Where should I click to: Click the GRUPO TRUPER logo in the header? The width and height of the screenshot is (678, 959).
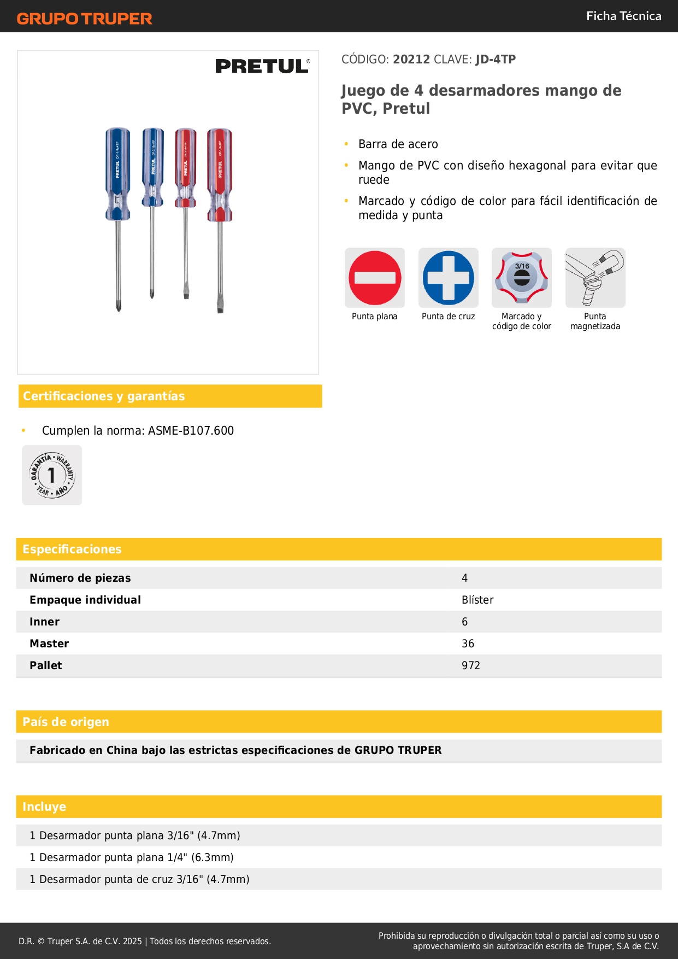pyautogui.click(x=84, y=19)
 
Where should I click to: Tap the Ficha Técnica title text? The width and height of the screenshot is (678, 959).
pyautogui.click(x=623, y=16)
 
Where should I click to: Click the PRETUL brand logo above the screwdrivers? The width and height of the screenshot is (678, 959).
pyautogui.click(x=262, y=66)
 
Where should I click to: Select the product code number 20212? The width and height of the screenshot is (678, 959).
pyautogui.click(x=411, y=59)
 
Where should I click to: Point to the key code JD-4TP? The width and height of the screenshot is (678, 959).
pyautogui.click(x=496, y=59)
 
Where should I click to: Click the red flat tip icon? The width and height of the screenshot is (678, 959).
pyautogui.click(x=375, y=278)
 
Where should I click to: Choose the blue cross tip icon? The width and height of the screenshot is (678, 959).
pyautogui.click(x=448, y=278)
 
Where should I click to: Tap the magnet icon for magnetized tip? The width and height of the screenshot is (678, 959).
pyautogui.click(x=595, y=278)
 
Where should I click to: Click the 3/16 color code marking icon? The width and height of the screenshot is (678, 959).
pyautogui.click(x=522, y=278)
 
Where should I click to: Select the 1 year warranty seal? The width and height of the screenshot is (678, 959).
pyautogui.click(x=52, y=475)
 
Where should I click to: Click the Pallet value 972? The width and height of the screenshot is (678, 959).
pyautogui.click(x=470, y=665)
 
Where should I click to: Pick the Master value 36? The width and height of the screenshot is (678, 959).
pyautogui.click(x=468, y=644)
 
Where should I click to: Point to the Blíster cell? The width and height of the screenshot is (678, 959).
pyautogui.click(x=477, y=600)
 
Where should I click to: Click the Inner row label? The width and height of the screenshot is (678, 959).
pyautogui.click(x=45, y=622)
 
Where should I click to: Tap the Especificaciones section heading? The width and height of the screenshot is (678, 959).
pyautogui.click(x=72, y=549)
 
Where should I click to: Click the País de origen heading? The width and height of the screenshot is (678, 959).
pyautogui.click(x=66, y=722)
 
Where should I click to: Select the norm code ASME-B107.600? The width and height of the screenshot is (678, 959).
pyautogui.click(x=191, y=430)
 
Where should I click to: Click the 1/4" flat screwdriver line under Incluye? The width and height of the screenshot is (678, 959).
pyautogui.click(x=132, y=857)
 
